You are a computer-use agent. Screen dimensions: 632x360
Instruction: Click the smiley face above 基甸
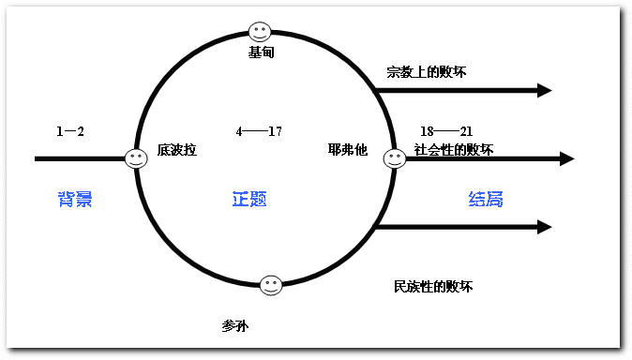(x=260, y=32)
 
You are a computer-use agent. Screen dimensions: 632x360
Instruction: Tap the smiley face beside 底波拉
(x=136, y=158)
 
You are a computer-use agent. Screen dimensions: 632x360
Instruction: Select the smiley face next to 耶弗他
(x=394, y=158)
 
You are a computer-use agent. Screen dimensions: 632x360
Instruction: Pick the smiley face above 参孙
(x=270, y=285)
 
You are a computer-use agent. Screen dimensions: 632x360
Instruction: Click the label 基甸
(x=262, y=52)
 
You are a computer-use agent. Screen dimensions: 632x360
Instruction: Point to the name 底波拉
(x=177, y=150)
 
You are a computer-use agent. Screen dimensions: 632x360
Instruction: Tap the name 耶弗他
(x=348, y=150)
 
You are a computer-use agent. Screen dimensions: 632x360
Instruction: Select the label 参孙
(x=235, y=325)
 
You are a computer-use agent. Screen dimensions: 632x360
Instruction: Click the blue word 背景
(x=75, y=199)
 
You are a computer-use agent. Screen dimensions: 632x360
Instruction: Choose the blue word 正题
(x=249, y=199)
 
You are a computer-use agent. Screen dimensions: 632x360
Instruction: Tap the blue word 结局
(x=486, y=199)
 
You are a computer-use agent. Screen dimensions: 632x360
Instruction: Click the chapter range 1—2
(x=70, y=131)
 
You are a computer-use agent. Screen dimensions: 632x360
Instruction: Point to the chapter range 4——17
(x=259, y=131)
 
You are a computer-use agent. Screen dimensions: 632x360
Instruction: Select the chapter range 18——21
(x=446, y=131)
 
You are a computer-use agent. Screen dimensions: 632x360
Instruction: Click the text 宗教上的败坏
(x=427, y=72)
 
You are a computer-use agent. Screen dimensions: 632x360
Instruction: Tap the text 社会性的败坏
(x=454, y=150)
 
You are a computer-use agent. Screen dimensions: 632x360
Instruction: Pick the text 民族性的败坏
(x=433, y=287)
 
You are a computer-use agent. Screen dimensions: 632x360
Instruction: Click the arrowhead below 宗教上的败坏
(x=545, y=90)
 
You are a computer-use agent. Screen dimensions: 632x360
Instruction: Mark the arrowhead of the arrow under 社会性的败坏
(x=567, y=158)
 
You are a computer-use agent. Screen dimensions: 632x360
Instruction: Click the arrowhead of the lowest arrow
(x=545, y=227)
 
